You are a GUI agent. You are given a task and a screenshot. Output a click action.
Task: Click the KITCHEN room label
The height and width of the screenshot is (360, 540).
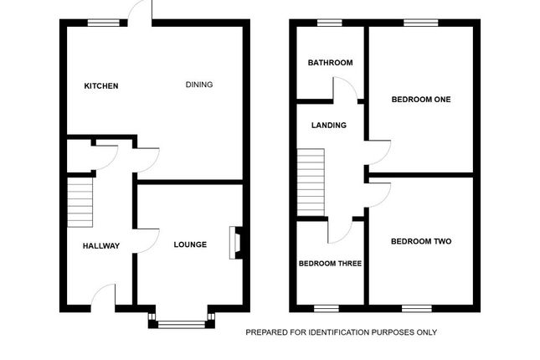101,85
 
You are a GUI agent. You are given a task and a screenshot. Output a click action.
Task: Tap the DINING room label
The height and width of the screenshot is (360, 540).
199,84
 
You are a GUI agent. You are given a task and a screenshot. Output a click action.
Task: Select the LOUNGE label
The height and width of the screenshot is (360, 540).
190,245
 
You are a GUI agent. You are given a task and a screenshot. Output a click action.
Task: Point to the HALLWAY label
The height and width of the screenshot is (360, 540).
100,246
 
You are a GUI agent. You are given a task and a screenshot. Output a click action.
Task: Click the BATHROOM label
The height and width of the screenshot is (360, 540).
330,63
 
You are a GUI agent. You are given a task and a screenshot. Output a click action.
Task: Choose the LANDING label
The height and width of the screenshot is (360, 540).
329,126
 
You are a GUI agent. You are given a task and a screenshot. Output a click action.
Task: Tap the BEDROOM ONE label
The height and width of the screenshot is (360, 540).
420,100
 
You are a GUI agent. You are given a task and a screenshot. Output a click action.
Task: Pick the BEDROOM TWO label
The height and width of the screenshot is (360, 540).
420,241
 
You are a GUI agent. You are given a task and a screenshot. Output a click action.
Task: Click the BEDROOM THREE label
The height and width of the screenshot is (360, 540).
330,263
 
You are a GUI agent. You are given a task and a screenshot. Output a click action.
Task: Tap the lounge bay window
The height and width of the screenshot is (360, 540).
182,321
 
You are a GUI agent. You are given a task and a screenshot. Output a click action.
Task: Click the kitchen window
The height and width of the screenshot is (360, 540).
102,23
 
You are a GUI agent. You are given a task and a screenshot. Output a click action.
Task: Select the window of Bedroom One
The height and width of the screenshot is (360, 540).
416,23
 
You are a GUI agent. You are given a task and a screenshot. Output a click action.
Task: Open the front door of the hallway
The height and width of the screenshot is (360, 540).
103,296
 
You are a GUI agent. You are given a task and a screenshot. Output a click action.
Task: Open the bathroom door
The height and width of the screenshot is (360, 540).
344,89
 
